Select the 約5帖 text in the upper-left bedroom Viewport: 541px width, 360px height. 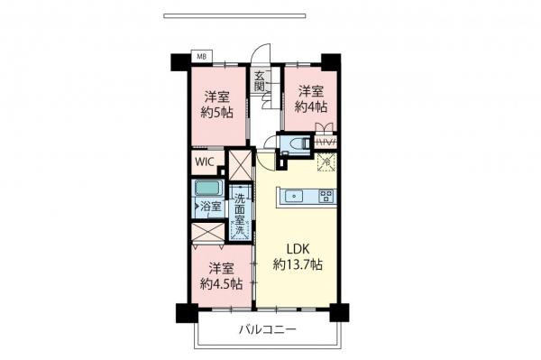(x=215, y=114)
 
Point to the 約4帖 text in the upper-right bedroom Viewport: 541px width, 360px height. (x=312, y=106)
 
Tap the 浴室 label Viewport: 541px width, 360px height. (x=211, y=207)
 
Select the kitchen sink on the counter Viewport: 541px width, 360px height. (x=294, y=196)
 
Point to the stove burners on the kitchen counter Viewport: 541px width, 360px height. (x=326, y=196)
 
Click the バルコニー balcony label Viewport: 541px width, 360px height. (x=267, y=330)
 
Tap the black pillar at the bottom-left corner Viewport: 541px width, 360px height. (x=185, y=313)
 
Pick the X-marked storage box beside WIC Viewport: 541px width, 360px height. (x=240, y=164)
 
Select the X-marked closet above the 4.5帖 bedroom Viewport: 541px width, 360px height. (x=209, y=231)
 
